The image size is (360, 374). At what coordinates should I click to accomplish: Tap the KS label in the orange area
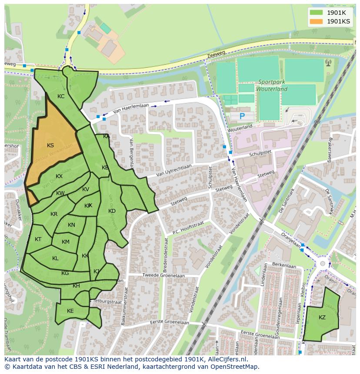[50, 146]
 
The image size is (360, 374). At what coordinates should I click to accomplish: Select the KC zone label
[61, 96]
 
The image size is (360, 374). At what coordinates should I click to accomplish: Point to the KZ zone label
[322, 318]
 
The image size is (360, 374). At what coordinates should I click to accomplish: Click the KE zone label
[70, 311]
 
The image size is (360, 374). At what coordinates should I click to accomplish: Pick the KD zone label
[112, 211]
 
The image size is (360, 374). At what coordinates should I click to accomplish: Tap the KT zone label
[38, 239]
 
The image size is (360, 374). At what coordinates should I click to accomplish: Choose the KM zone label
[66, 242]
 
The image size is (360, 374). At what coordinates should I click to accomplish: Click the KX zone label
[59, 176]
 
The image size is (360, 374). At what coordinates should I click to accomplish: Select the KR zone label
[54, 214]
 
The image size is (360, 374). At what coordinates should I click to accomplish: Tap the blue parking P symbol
[242, 116]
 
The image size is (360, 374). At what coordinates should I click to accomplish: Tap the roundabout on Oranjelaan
[322, 264]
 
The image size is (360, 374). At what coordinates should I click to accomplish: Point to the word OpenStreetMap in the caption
[235, 367]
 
